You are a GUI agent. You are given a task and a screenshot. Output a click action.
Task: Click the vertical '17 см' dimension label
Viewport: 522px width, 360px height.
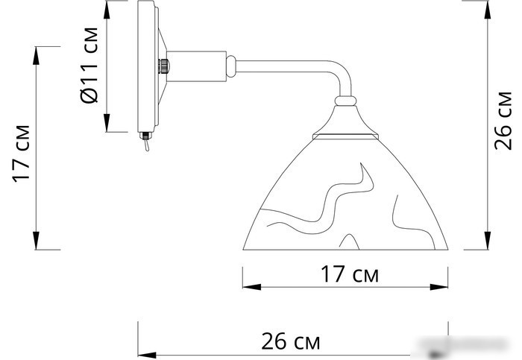[22, 154]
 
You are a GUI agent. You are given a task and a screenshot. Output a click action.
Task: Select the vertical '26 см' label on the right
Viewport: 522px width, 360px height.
[504, 127]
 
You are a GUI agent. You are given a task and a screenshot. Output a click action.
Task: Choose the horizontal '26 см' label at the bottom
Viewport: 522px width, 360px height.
[291, 342]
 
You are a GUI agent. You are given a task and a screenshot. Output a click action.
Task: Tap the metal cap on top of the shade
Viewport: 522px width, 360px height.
[345, 123]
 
